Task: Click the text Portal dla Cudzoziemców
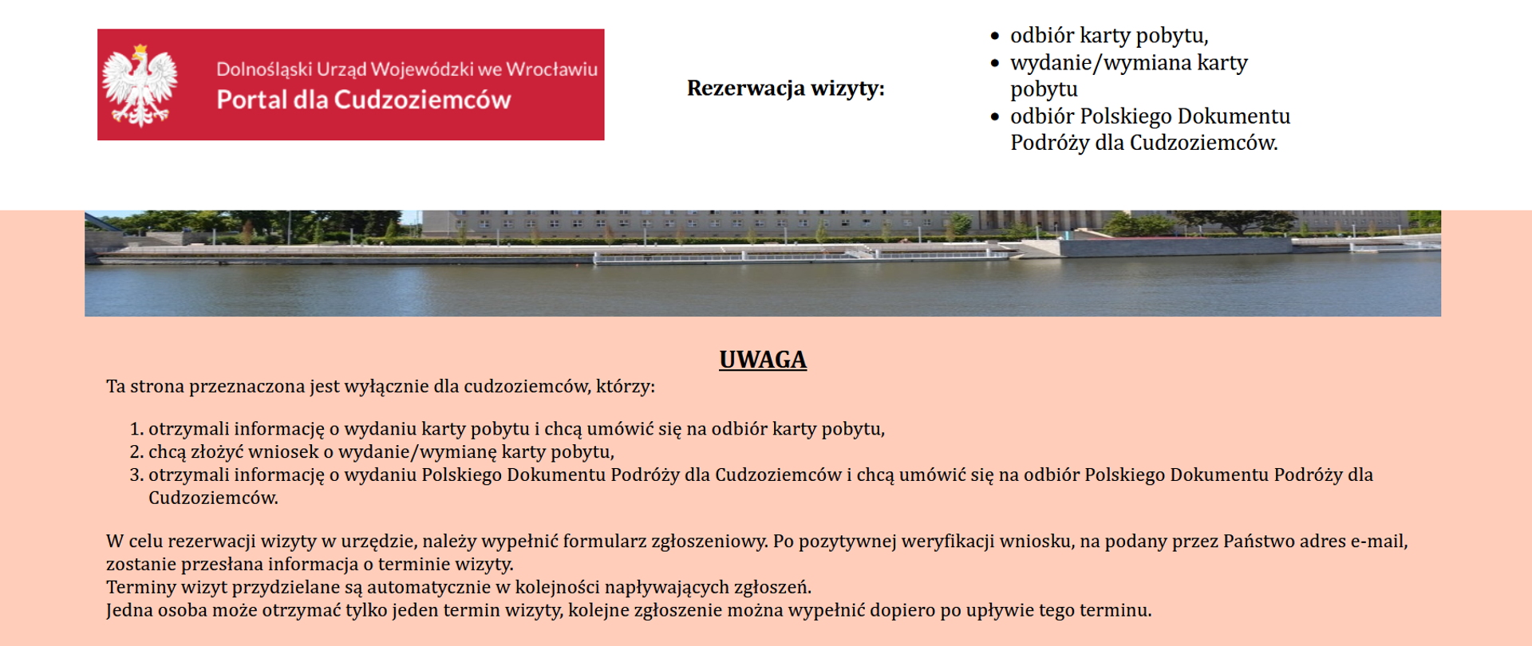coord(363,100)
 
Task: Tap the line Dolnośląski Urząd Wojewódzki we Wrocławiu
coord(406,69)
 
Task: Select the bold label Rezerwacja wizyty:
coord(785,88)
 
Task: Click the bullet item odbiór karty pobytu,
coord(1108,36)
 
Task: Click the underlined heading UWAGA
coord(763,360)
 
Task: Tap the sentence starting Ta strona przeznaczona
coord(380,387)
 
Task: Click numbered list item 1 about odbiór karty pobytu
coord(515,429)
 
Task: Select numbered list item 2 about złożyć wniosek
coord(381,452)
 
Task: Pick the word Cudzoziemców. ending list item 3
coord(213,498)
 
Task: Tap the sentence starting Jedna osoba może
coord(628,611)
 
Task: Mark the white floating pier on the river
coord(798,256)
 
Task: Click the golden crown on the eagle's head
coord(140,50)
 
